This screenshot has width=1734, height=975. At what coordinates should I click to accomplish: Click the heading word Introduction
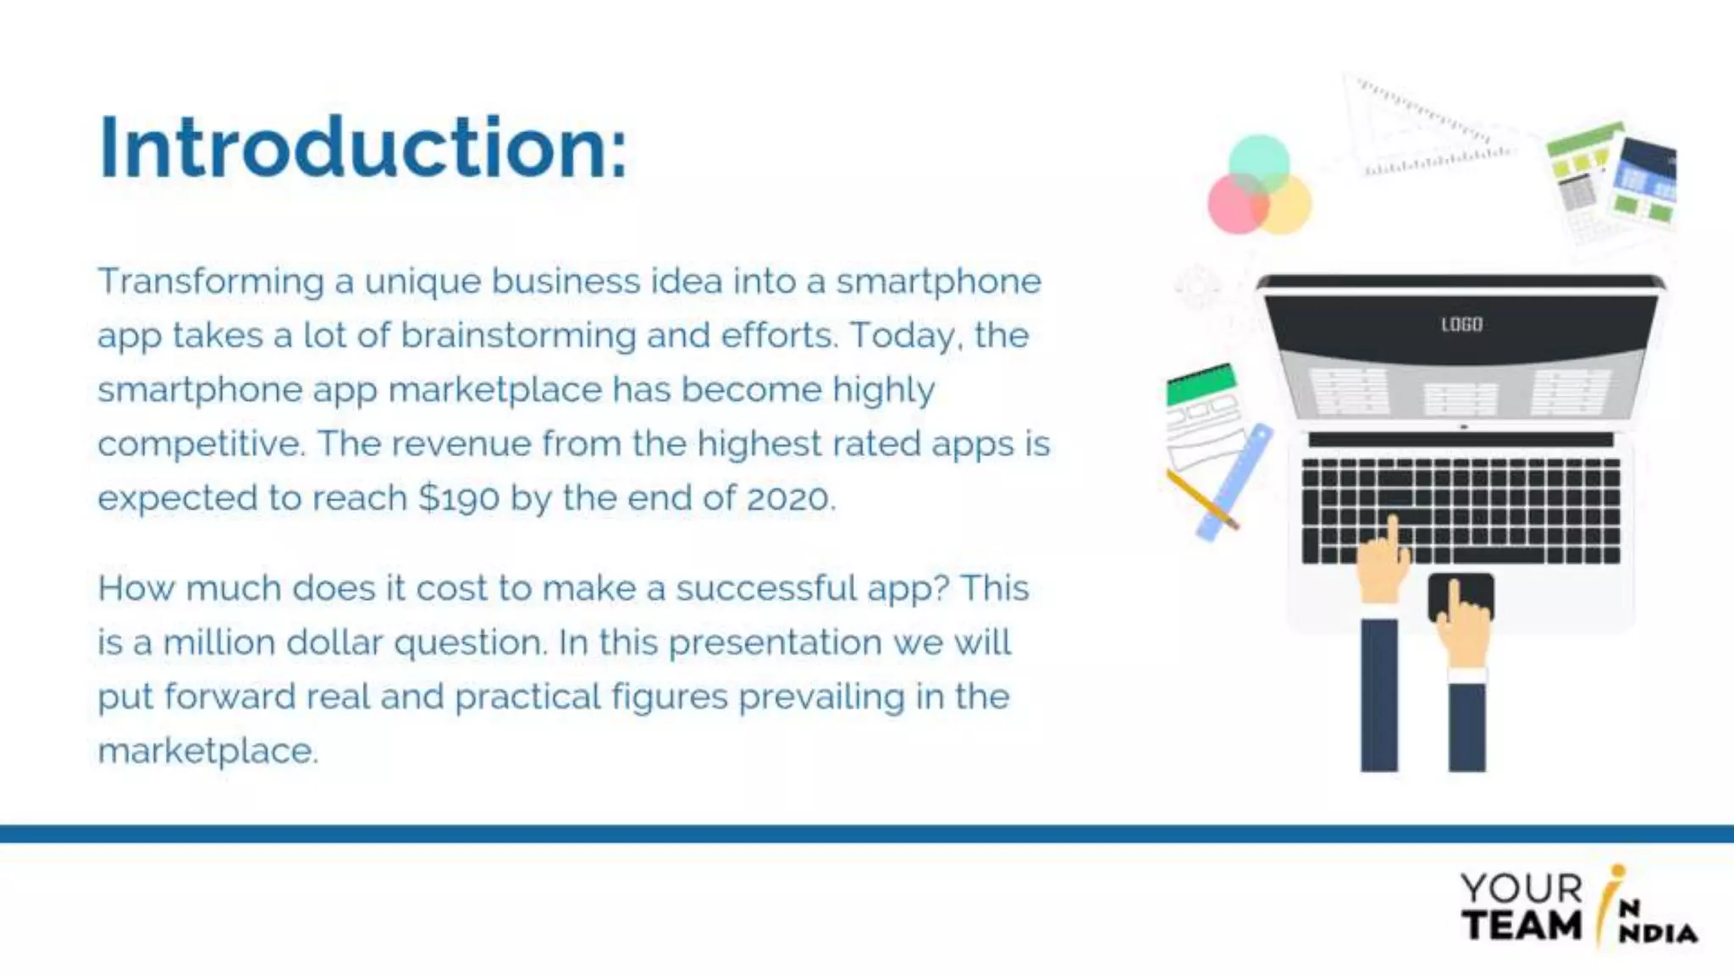pyautogui.click(x=362, y=148)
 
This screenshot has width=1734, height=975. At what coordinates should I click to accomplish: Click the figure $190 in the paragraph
pyautogui.click(x=458, y=499)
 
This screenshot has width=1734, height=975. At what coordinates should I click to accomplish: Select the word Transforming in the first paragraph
pyautogui.click(x=210, y=282)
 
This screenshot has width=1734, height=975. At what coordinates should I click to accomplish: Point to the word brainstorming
pyautogui.click(x=517, y=336)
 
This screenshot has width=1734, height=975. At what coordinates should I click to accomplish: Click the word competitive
pyautogui.click(x=200, y=444)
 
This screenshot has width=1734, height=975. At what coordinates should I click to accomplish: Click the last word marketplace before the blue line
pyautogui.click(x=207, y=752)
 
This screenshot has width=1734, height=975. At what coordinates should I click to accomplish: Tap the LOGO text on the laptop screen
pyautogui.click(x=1461, y=324)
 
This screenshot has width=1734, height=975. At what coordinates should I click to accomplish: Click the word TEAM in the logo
pyautogui.click(x=1521, y=925)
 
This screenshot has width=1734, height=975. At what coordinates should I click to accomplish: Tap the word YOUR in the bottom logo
pyautogui.click(x=1521, y=889)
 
